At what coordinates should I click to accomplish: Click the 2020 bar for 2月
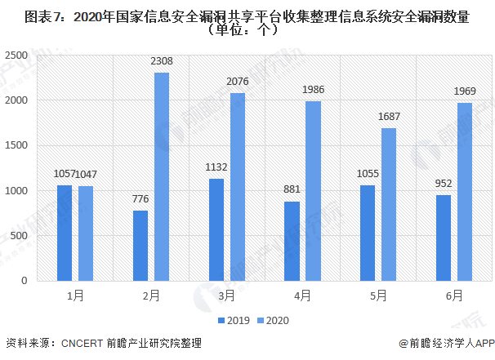coord(162,176)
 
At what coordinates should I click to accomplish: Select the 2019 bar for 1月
coord(65,233)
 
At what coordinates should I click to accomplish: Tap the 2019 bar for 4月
coord(291,241)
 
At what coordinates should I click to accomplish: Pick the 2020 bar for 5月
coord(389,204)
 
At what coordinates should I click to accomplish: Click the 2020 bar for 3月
coord(238,187)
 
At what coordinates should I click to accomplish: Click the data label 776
coord(140,198)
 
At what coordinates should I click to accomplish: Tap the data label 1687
coord(389,116)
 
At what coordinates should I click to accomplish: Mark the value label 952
coord(443,183)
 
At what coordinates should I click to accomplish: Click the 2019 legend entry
coord(234,321)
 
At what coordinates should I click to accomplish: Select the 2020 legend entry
coord(273,321)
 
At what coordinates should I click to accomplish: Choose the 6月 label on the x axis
coord(453,295)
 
